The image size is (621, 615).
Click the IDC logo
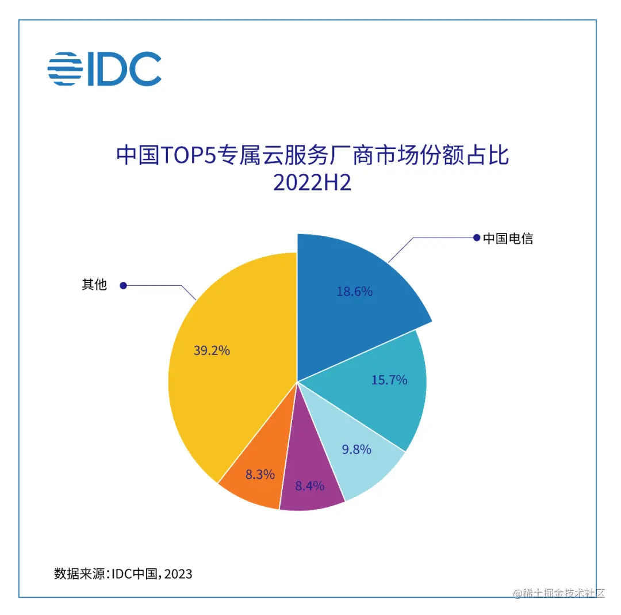[104, 69]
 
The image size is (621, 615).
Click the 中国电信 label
[508, 238]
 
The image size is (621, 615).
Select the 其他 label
[94, 284]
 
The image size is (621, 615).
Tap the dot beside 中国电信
[476, 238]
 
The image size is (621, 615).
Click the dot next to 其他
[122, 285]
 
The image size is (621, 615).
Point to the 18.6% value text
[354, 292]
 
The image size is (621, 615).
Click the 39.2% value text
[211, 350]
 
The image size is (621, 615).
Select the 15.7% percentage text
[389, 380]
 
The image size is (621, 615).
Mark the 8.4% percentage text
[309, 486]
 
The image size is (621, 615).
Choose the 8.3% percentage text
[259, 475]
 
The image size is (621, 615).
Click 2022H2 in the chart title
[312, 184]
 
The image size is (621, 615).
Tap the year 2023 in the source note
[177, 574]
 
